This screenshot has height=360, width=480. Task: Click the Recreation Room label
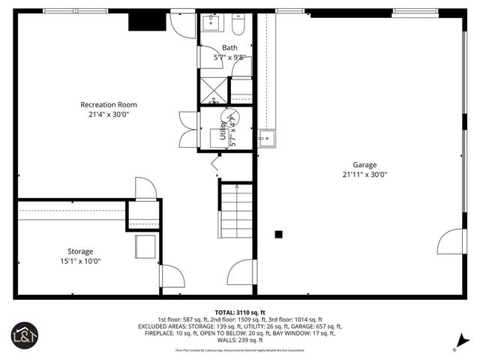point(109,104)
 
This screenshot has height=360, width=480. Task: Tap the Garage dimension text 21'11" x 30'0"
point(364,174)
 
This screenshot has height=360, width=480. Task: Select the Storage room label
point(80,251)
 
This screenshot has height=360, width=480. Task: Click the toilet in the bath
point(238,27)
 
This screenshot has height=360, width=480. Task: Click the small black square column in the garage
point(278,234)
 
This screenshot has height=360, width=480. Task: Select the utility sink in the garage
point(267,138)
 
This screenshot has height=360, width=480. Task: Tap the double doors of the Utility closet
point(187,130)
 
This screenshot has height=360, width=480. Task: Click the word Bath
point(229,48)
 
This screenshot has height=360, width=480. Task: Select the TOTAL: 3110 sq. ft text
point(240,312)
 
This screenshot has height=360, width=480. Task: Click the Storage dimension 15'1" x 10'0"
point(80,261)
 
